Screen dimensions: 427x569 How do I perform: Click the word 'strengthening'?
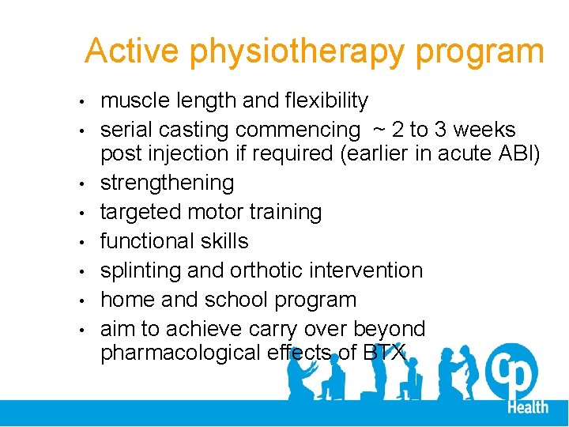point(167,183)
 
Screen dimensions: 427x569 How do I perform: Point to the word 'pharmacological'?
point(179,353)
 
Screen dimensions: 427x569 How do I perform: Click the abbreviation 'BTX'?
point(384,353)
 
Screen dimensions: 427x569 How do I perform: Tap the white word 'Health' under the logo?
point(528,406)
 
